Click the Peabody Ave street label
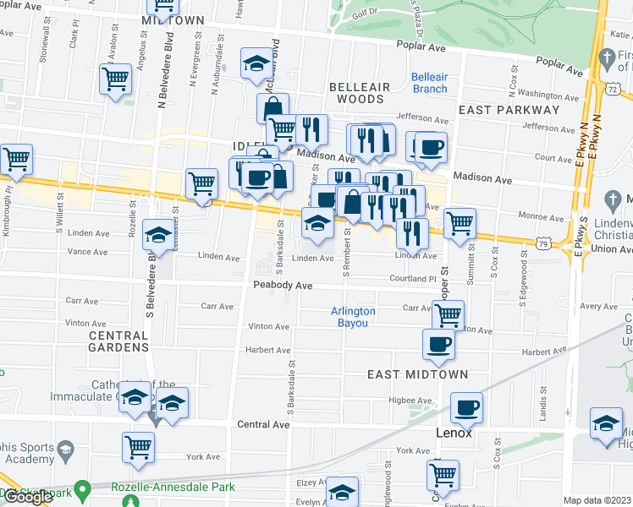283,286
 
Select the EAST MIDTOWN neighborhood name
406,373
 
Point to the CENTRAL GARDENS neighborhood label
118,341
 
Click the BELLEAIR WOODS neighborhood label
360,93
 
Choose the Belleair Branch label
429,83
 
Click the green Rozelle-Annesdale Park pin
82,489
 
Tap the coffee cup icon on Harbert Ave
438,343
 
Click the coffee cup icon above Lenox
466,407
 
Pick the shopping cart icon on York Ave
138,447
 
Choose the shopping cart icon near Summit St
460,223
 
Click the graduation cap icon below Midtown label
256,63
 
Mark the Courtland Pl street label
412,278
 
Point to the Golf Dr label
364,14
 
